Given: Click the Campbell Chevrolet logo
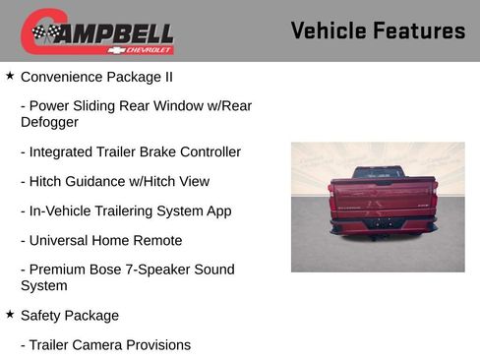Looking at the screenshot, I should pos(97,31).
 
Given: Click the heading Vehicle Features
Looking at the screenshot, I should pos(378,31).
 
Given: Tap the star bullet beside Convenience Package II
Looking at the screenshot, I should pos(10,76).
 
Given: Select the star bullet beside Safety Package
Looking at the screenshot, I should pos(10,315).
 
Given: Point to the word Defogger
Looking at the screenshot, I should pos(49,122).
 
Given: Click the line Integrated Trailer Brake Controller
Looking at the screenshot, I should pos(130,151).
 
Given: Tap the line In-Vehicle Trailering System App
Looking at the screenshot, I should pos(126,210).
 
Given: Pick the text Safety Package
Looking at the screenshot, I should pos(70,316).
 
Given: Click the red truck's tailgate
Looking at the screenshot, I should pos(383,198).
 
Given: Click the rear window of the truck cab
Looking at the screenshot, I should pos(379,172).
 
